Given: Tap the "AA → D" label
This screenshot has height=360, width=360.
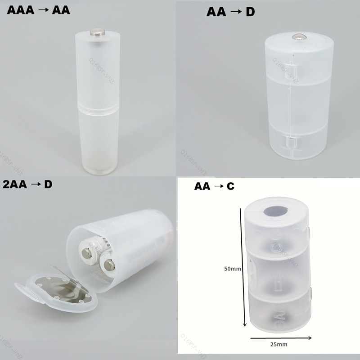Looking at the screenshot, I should [230, 12].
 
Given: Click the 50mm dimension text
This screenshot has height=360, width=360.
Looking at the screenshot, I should [233, 269].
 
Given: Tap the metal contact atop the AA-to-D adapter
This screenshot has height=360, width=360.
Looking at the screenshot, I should [298, 36].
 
